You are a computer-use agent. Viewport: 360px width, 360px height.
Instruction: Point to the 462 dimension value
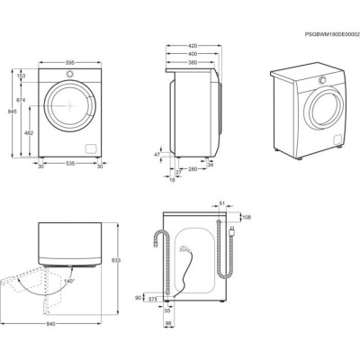point(30,132)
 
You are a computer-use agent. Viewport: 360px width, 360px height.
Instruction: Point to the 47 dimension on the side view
point(157,155)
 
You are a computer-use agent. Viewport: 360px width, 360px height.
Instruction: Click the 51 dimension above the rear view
point(223,204)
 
